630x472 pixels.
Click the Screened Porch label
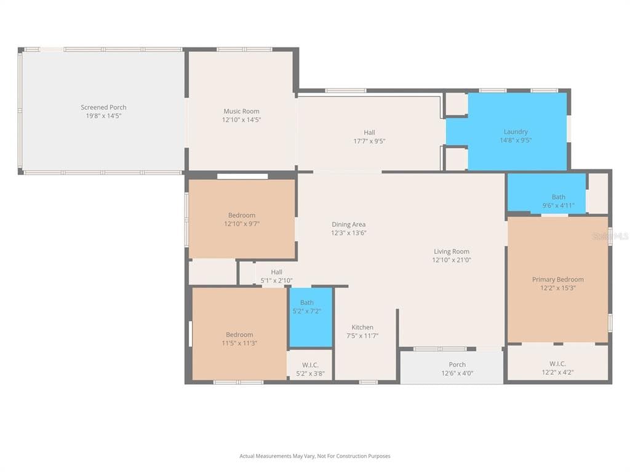[x=103, y=107]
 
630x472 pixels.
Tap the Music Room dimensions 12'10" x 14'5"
[x=241, y=120]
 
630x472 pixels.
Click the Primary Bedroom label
[x=557, y=280]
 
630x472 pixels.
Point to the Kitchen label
[x=362, y=327]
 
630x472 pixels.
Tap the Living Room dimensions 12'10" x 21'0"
[x=452, y=260]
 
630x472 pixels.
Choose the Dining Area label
[x=348, y=224]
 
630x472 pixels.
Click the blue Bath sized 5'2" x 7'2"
[x=311, y=317]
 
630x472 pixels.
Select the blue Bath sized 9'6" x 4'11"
[x=546, y=192]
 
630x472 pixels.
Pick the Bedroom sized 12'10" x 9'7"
[x=242, y=219]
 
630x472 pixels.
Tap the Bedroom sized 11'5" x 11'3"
[x=239, y=334]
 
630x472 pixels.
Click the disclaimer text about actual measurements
[x=315, y=456]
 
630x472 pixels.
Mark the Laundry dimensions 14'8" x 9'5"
[x=516, y=140]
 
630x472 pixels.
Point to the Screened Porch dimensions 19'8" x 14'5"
[x=103, y=116]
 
